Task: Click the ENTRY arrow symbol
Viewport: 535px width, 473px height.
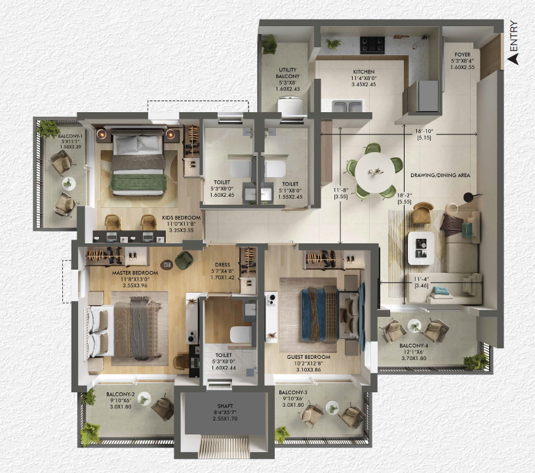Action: (512, 59)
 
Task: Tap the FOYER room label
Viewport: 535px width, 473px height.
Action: (462, 54)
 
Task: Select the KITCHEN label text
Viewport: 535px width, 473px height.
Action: (364, 72)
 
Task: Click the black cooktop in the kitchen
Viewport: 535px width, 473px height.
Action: (372, 45)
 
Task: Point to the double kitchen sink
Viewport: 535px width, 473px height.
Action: (347, 106)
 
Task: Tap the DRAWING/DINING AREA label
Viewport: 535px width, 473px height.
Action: (440, 175)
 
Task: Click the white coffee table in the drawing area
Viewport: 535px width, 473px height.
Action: (421, 248)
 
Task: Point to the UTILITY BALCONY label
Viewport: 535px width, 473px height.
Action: (288, 73)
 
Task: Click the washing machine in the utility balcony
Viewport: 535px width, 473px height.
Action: (290, 106)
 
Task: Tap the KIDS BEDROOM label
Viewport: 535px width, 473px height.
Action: (181, 218)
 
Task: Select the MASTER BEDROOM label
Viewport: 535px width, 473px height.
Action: (135, 273)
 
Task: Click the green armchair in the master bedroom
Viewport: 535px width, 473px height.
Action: (184, 260)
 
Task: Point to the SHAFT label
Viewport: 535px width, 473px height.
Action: (225, 406)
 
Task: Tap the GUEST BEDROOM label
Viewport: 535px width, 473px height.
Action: (308, 357)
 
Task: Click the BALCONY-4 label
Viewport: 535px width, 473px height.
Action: (414, 346)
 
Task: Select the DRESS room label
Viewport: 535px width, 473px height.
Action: (222, 264)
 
